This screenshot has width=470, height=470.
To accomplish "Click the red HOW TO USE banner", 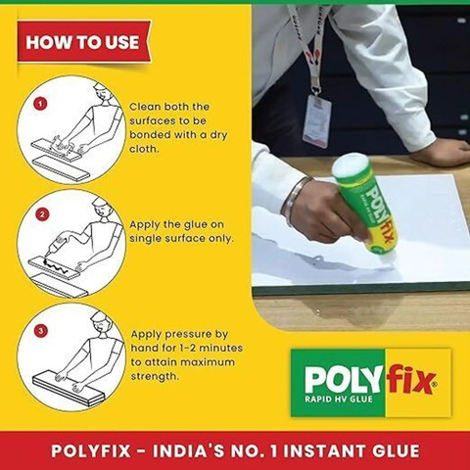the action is click(x=84, y=42).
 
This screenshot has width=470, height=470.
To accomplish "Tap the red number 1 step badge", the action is click(x=40, y=104).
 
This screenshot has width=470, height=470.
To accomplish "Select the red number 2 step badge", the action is click(x=42, y=214).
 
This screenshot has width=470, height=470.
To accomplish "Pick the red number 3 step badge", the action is click(x=41, y=331).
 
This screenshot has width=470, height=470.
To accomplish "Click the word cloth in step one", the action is click(x=144, y=149).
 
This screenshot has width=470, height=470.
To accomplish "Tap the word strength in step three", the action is click(x=155, y=376).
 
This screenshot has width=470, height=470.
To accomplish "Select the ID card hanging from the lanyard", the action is click(x=316, y=121).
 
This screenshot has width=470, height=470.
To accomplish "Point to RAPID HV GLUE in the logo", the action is click(x=339, y=399).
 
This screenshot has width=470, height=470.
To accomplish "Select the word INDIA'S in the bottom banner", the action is click(x=189, y=451).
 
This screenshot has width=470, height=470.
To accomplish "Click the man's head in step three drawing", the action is click(x=101, y=320).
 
